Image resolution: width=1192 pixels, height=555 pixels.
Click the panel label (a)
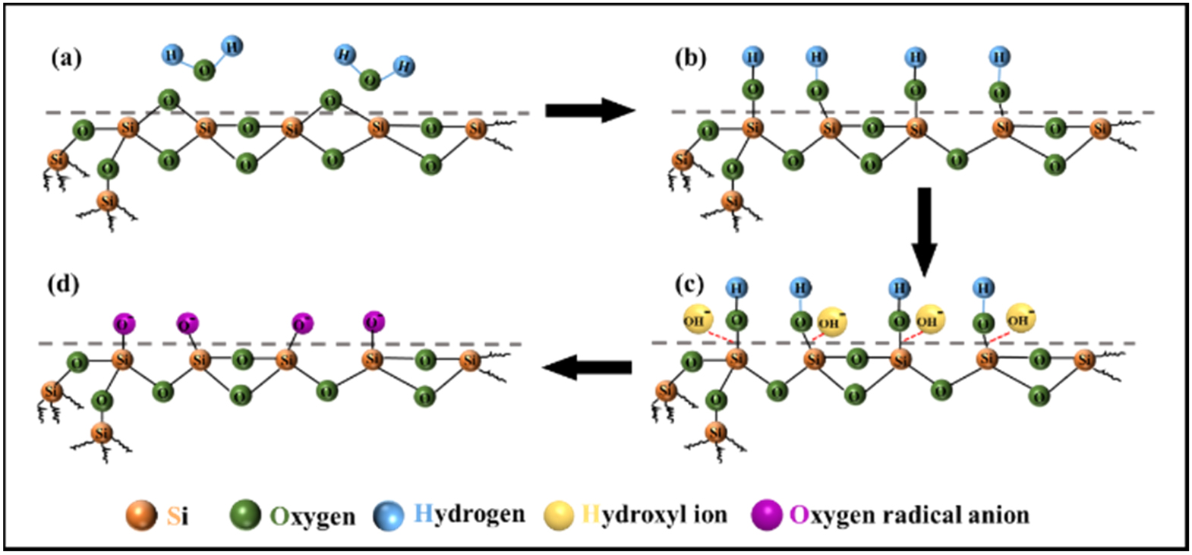click(x=66, y=58)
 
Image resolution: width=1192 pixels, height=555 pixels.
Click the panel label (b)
click(x=690, y=58)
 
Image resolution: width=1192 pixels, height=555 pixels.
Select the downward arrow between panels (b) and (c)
click(x=924, y=232)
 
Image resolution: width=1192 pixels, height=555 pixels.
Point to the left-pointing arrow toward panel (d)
click(x=587, y=368)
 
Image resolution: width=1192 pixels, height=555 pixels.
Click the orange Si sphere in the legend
click(x=141, y=516)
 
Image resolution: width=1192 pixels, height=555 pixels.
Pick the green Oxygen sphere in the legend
click(x=245, y=516)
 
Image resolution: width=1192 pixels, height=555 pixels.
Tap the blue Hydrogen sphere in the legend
click(x=388, y=516)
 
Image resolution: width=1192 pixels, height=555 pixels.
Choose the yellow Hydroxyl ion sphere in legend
click(x=559, y=516)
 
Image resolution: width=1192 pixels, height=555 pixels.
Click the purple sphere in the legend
click(x=766, y=516)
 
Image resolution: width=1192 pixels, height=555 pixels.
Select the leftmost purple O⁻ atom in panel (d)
click(x=124, y=324)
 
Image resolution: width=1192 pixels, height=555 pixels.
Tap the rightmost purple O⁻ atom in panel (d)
click(x=374, y=322)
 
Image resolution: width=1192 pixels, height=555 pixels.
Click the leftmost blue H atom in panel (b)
click(x=752, y=57)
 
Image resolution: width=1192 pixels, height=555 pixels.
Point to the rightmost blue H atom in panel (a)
click(x=405, y=66)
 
